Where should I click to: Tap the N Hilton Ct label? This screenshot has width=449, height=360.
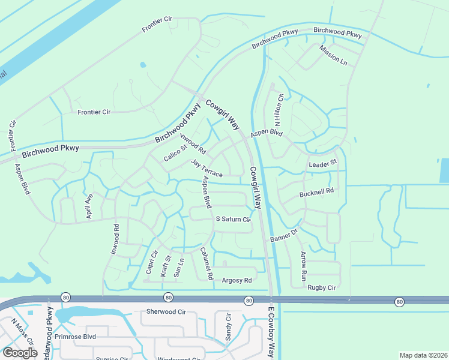click(x=279, y=106)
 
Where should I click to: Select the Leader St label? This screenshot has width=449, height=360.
click(x=323, y=163)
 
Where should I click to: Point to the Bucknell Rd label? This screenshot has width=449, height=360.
click(x=316, y=194)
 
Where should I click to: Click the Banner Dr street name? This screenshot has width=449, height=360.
click(x=284, y=235)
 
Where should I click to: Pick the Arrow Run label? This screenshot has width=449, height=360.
click(x=304, y=268)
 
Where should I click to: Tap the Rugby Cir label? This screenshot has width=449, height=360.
click(x=322, y=287)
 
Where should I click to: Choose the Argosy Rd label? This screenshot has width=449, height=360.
click(x=237, y=280)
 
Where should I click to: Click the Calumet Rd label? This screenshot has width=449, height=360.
click(x=207, y=264)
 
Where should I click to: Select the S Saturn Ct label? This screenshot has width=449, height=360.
click(x=233, y=220)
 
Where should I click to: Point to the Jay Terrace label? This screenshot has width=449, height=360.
click(x=207, y=169)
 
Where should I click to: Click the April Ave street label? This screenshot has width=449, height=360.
click(x=89, y=206)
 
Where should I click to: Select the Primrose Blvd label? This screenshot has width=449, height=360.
click(x=75, y=337)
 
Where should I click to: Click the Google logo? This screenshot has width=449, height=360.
click(x=20, y=353)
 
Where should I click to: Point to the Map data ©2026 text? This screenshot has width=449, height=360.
click(x=423, y=355)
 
